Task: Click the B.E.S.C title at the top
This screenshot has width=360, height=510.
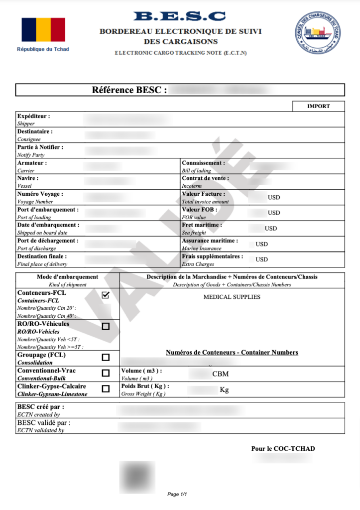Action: click(180, 16)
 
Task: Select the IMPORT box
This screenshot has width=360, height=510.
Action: click(318, 106)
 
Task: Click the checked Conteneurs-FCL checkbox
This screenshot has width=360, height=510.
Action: click(106, 295)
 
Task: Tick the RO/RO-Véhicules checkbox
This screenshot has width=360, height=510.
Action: click(106, 326)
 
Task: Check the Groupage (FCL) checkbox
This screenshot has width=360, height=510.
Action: click(106, 357)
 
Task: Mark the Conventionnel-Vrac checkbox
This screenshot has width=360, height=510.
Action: click(106, 373)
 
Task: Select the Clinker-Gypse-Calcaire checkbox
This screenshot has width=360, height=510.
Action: click(106, 388)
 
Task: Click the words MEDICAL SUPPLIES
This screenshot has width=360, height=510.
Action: click(232, 297)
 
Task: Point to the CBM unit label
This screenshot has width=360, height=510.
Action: click(221, 374)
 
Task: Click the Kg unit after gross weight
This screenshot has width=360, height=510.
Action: click(224, 389)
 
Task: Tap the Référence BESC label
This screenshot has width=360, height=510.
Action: click(129, 90)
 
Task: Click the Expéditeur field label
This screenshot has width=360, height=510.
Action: click(33, 116)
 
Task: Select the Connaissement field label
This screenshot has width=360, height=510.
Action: click(203, 163)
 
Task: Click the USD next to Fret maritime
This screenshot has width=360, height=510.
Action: click(271, 229)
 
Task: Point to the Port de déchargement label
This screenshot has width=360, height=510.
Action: click(48, 241)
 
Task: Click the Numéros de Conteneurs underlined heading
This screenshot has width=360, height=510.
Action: click(232, 353)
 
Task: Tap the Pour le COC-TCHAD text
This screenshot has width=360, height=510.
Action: click(283, 449)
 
